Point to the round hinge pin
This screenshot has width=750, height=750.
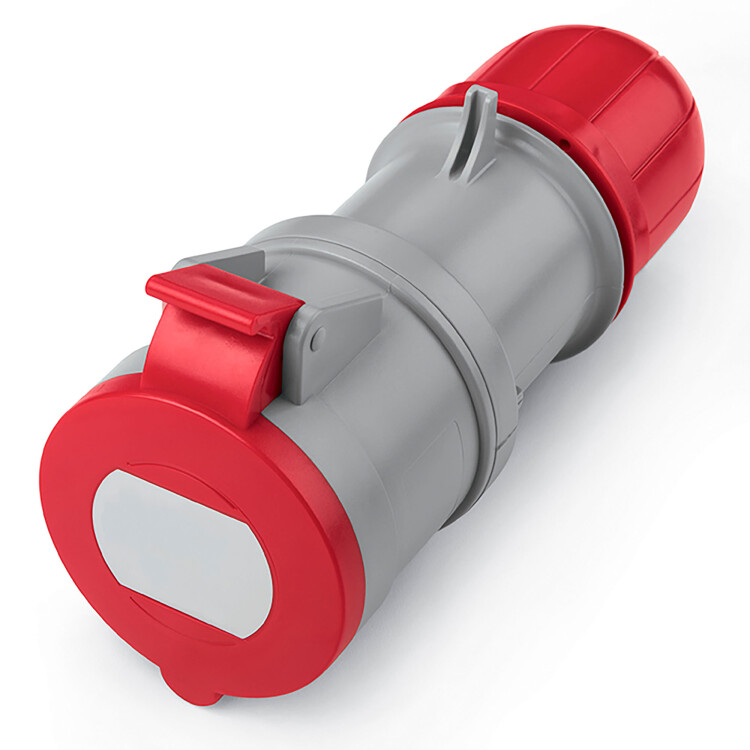coord(317,340)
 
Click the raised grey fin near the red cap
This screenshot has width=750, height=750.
coord(470,130)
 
